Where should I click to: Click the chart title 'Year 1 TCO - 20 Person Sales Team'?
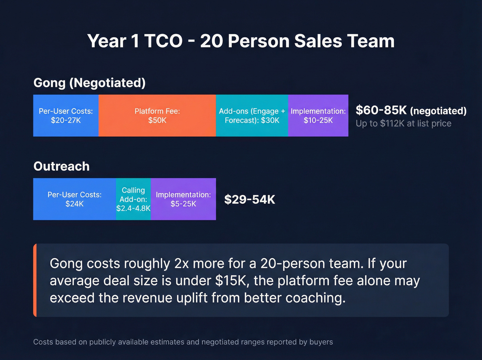[241, 41]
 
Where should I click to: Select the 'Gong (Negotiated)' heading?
[90, 83]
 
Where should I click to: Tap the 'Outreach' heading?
[62, 166]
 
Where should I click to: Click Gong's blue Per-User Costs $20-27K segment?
[66, 116]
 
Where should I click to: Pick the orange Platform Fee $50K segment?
[157, 116]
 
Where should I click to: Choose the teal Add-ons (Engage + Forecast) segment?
[252, 116]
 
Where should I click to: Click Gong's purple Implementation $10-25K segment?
[318, 116]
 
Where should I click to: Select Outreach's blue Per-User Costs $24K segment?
[74, 199]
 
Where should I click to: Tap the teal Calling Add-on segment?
[133, 199]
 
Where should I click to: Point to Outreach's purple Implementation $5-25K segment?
[183, 199]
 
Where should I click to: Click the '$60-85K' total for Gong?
[381, 110]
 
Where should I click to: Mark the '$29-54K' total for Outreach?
[250, 199]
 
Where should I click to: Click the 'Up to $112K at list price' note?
[404, 123]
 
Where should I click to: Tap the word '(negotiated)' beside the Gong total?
[439, 111]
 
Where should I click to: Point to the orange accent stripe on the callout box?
[35, 280]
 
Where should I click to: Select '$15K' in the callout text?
[231, 281]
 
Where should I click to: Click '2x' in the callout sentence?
[181, 264]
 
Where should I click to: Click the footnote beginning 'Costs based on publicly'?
[183, 342]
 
